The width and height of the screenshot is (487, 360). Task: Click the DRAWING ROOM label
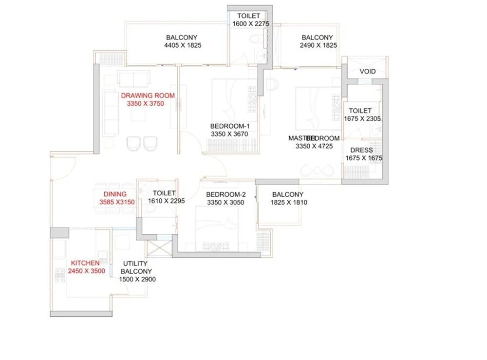point(148,95)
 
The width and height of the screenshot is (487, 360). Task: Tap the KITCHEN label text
point(85,263)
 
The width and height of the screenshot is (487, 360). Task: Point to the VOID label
point(368,72)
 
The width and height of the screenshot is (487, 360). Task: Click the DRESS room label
point(361,151)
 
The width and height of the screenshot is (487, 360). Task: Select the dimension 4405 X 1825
point(183,45)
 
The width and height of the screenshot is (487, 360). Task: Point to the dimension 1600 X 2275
point(252,24)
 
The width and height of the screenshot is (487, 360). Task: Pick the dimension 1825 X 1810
point(289,203)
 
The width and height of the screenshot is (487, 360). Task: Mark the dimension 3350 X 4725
point(314,146)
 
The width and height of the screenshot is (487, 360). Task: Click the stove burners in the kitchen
point(60,275)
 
